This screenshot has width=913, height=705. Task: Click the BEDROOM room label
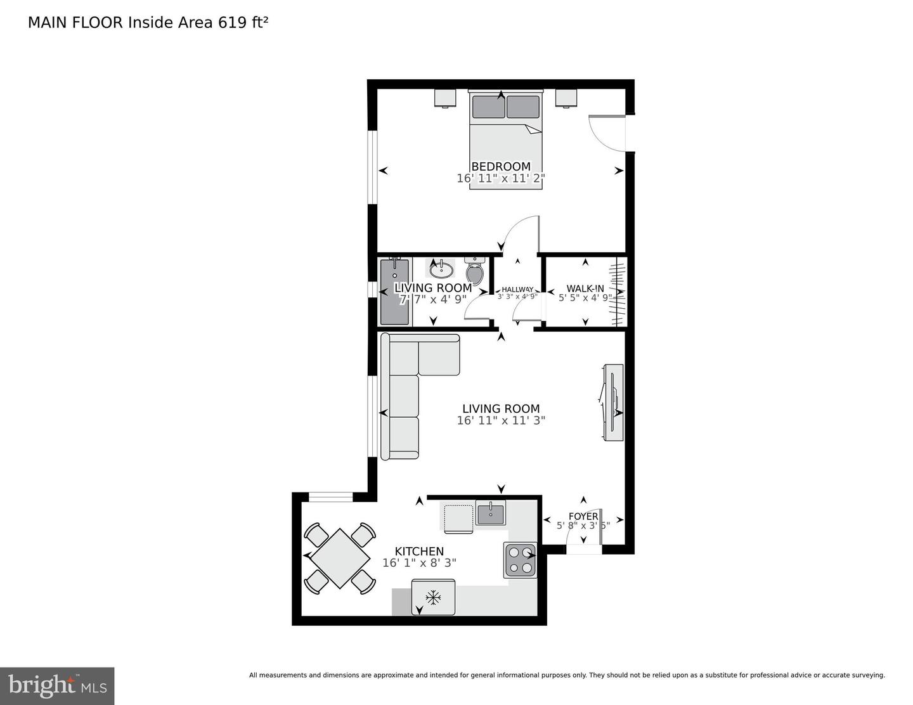(x=500, y=167)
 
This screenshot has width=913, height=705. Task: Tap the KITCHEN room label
(x=419, y=551)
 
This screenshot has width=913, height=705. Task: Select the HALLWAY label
(x=517, y=289)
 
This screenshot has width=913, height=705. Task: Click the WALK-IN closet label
(x=585, y=288)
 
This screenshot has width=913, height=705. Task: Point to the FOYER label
(x=583, y=516)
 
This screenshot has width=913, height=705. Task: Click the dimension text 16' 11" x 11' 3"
(x=500, y=420)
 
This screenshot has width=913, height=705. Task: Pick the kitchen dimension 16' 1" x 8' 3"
(x=419, y=562)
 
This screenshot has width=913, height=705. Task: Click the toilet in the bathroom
(x=474, y=271)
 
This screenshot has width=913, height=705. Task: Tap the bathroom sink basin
(x=441, y=269)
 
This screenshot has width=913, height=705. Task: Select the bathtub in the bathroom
(x=395, y=292)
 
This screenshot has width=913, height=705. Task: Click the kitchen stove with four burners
(x=521, y=560)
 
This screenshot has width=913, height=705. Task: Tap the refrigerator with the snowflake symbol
(x=433, y=597)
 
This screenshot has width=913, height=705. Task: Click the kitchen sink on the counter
(x=490, y=513)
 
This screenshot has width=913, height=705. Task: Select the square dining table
(x=339, y=559)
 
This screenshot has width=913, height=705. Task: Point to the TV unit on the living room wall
(x=613, y=403)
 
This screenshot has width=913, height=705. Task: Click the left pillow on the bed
(x=488, y=106)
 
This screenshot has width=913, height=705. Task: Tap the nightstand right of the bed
(x=566, y=98)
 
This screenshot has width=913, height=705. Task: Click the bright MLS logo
(x=57, y=686)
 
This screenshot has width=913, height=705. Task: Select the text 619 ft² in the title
(x=243, y=23)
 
